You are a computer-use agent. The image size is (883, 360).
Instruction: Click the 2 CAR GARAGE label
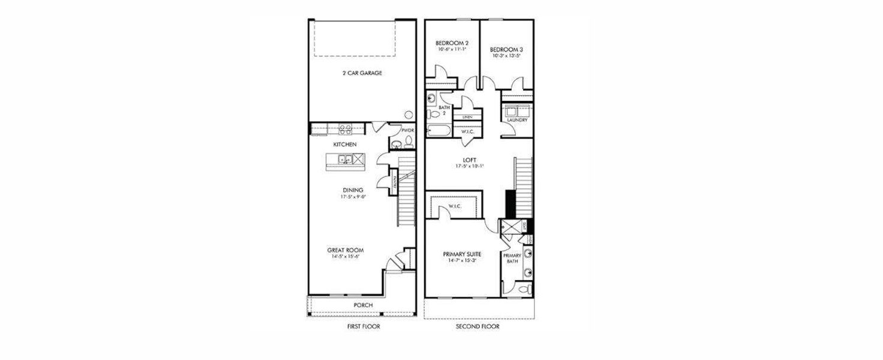tap(362, 73)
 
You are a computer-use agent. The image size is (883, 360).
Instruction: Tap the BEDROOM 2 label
tap(452, 43)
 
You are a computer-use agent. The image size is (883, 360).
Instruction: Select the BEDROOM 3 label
tap(506, 50)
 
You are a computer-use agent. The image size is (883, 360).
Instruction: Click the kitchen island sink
tap(344, 160)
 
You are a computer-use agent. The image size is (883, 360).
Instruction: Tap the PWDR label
tap(408, 130)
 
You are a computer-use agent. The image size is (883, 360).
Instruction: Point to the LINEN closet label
tap(467, 116)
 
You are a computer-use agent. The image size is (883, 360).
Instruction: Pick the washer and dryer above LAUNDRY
tap(516, 111)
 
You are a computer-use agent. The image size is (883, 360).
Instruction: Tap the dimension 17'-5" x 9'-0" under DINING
tap(353, 196)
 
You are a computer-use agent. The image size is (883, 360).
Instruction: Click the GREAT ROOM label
tap(345, 250)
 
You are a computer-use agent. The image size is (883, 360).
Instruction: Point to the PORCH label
tap(363, 305)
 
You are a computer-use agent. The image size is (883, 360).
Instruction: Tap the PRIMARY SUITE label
tap(462, 254)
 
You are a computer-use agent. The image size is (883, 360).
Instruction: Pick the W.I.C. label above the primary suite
tap(454, 206)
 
